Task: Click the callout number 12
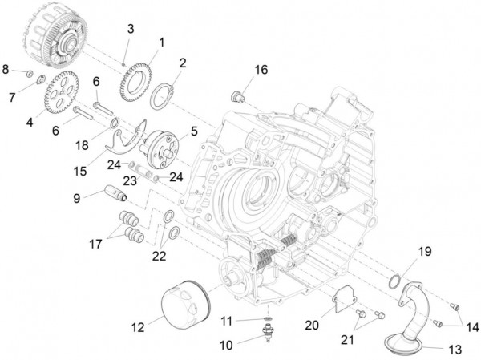[138, 326]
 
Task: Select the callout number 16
[261, 69]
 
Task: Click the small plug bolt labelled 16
[236, 97]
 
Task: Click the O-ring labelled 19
[394, 281]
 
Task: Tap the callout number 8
[6, 70]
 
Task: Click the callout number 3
[130, 30]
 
